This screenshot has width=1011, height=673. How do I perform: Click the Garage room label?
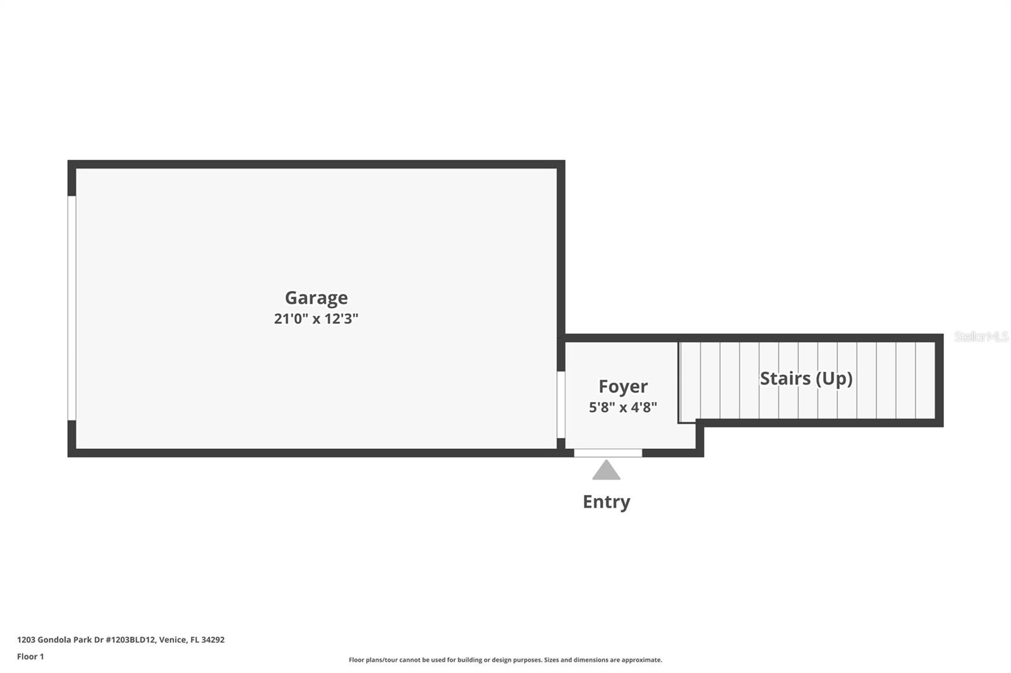click(316, 298)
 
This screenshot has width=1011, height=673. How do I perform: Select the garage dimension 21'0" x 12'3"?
click(316, 319)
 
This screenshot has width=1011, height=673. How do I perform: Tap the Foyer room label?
click(623, 386)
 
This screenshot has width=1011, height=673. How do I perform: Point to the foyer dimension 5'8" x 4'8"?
click(623, 407)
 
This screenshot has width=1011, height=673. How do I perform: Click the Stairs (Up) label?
click(806, 378)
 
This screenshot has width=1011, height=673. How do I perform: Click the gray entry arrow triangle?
click(606, 470)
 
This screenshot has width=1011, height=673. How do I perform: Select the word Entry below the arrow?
click(606, 502)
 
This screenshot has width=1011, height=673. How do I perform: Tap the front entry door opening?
click(608, 453)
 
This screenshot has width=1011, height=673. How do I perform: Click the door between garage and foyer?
click(560, 405)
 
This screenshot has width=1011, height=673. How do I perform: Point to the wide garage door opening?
click(72, 308)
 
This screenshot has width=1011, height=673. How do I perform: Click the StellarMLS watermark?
click(981, 336)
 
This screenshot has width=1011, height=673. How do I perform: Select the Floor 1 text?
click(30, 657)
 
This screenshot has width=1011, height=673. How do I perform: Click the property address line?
click(121, 640)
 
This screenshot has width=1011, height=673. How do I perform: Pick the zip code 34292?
click(214, 640)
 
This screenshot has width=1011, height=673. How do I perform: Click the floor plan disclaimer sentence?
click(505, 660)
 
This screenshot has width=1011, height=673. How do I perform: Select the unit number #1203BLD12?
click(130, 640)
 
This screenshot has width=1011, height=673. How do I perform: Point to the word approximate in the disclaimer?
click(642, 660)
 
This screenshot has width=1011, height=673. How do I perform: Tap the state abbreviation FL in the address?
click(195, 640)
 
